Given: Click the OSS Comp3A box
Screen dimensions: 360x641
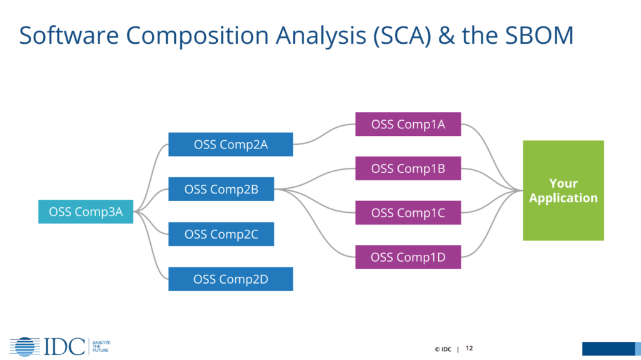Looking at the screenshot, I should point(86,212).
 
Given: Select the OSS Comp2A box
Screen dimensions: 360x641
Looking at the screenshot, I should point(230,144).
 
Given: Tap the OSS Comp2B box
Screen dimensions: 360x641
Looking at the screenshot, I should point(221,188).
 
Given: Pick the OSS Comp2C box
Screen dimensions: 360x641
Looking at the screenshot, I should point(221,234).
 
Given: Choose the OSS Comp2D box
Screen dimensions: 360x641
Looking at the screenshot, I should point(230,279).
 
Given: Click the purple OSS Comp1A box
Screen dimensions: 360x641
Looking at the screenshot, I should point(408,124).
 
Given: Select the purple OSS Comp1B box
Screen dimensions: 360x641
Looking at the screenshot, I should point(408,168).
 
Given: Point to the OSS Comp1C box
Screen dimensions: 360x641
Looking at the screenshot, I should point(408,213).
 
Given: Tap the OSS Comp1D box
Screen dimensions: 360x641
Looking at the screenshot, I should point(408,257).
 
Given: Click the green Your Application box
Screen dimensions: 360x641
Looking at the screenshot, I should point(563,190).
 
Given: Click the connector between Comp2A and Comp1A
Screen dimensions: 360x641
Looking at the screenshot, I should point(324,133).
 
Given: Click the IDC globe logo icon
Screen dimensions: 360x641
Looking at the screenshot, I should point(26,346).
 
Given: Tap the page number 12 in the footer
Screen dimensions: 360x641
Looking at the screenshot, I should point(469,348).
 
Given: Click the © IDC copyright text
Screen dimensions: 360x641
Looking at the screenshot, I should point(443,349).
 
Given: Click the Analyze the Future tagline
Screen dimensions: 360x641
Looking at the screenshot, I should point(101,346).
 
